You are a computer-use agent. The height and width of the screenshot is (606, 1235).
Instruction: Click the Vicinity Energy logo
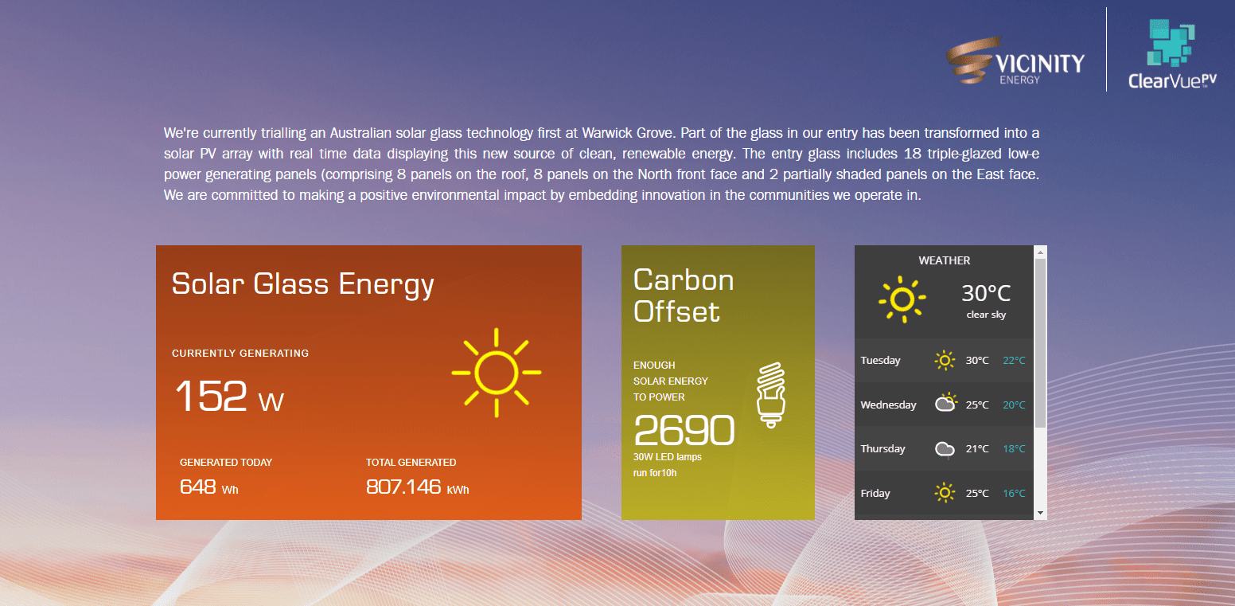[x=1015, y=61]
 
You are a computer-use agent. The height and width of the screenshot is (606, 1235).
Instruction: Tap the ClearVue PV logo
[x=1171, y=54]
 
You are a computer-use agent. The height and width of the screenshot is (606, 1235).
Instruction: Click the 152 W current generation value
[x=229, y=396]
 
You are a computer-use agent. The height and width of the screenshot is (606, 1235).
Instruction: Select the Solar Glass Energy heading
[x=302, y=285]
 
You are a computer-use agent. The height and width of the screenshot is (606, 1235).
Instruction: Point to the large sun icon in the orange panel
[x=497, y=373]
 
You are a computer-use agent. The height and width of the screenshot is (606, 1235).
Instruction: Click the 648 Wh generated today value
[x=209, y=487]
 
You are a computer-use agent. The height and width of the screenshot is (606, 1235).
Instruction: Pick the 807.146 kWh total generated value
[x=417, y=487]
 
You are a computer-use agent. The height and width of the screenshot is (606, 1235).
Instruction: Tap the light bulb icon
[x=771, y=395]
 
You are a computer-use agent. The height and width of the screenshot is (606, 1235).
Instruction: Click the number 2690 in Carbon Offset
[x=684, y=430]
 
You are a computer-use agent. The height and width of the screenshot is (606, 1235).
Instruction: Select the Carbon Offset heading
[x=684, y=295]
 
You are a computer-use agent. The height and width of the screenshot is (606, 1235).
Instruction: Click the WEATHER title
[x=944, y=260]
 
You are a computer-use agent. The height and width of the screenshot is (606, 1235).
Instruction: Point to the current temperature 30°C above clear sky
[x=986, y=293]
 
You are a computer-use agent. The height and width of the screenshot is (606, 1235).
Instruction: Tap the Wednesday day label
[x=888, y=405]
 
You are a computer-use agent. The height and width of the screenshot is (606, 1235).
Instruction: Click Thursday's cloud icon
[x=945, y=449]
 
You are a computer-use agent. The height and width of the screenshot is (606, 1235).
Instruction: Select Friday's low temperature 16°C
[x=1014, y=494]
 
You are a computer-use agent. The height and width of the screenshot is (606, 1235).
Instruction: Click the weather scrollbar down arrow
[x=1040, y=513]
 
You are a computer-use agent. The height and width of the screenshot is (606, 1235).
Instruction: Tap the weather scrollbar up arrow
[x=1040, y=252]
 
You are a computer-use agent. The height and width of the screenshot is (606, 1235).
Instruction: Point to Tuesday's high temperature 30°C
[x=977, y=361]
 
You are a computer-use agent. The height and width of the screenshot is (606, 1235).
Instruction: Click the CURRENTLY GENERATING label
[x=240, y=354]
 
